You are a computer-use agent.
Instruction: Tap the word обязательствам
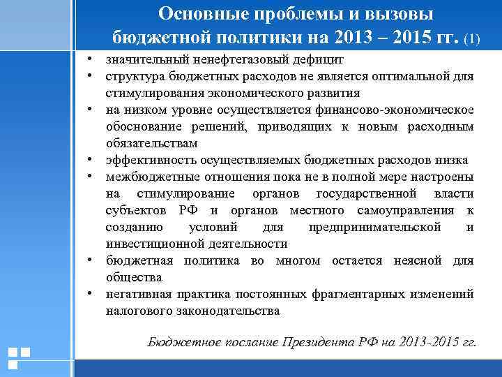pos(152,143)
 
